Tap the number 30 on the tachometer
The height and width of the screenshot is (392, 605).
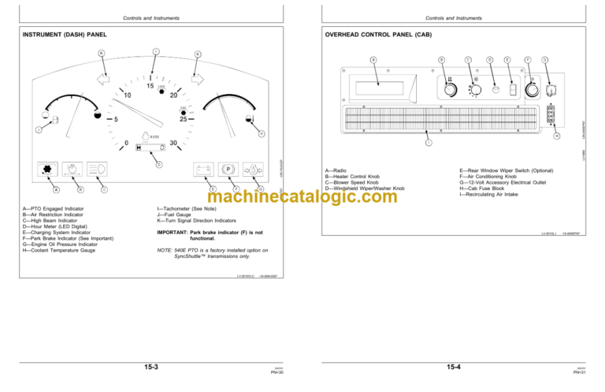tap(173, 144)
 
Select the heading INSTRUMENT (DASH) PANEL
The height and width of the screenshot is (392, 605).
tap(65, 35)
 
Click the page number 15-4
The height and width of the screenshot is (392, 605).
tap(453, 367)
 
